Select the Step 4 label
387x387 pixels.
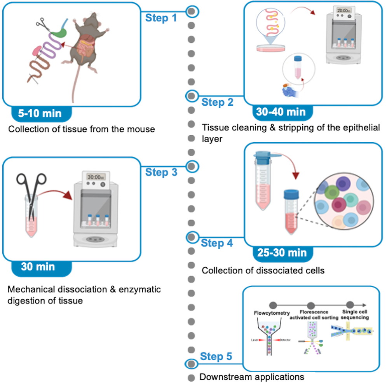pos(217,243)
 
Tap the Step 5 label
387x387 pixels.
pos(216,356)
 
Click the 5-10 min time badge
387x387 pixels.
pos(40,113)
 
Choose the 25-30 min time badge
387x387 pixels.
pos(282,253)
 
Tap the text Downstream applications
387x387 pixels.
pos(251,377)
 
